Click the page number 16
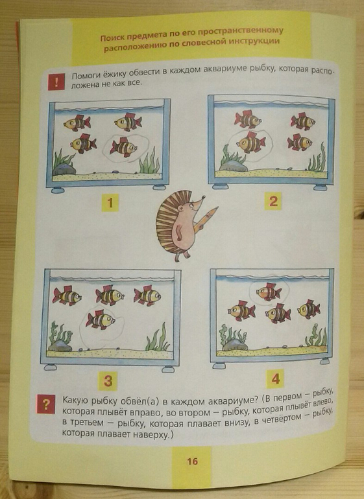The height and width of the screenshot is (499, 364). point(192,461)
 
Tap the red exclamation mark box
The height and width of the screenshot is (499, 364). point(56,82)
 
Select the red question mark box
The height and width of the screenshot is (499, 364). point(46,404)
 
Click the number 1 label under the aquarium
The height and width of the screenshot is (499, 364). point(110,203)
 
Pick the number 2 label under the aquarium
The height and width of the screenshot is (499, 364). point(273,201)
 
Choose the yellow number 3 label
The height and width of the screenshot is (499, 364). point(108,380)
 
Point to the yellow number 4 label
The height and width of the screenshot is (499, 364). point(275,378)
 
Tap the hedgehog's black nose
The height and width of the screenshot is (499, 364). point(203,197)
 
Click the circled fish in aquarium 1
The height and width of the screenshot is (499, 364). point(123,147)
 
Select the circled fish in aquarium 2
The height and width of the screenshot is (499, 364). point(251,143)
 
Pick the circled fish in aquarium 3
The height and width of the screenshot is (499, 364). point(100,320)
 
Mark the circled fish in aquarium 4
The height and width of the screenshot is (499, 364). point(269,292)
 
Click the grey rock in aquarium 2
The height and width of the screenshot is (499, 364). point(233,165)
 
